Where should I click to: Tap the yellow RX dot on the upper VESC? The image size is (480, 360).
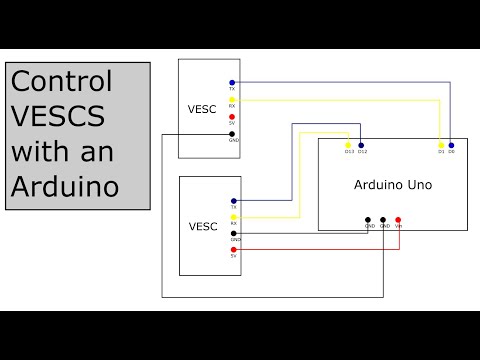coord(232,99)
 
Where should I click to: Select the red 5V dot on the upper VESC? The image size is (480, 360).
coord(232,116)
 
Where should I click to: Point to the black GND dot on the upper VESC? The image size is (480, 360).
coord(232,134)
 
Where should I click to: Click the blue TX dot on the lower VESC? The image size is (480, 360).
coord(233,200)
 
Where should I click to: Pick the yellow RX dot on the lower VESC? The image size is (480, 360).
coord(233,217)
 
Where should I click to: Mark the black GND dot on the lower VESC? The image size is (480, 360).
coord(233,233)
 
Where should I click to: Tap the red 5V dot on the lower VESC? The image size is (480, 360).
coord(233,250)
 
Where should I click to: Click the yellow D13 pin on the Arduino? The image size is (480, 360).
coord(348,144)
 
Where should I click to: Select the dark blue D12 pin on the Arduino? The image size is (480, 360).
coord(362,144)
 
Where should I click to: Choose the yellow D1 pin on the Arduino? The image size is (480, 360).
coord(441,144)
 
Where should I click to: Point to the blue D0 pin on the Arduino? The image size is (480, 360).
coord(452,144)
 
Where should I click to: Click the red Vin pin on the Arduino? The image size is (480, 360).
coord(398,220)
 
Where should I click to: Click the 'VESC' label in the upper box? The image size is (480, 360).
coord(202,108)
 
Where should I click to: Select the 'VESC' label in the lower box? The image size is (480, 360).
coord(203,226)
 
